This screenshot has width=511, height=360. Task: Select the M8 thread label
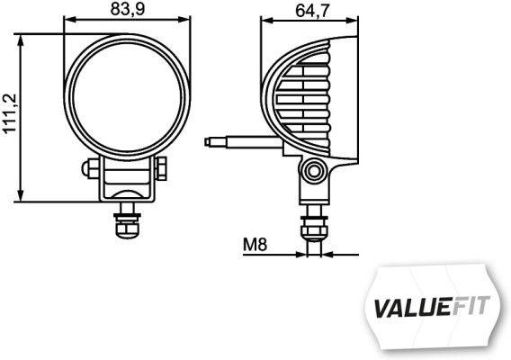pyautogui.click(x=255, y=243)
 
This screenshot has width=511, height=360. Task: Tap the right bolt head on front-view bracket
pyautogui.click(x=162, y=168)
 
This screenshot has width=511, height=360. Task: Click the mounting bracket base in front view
pyautogui.click(x=126, y=191)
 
